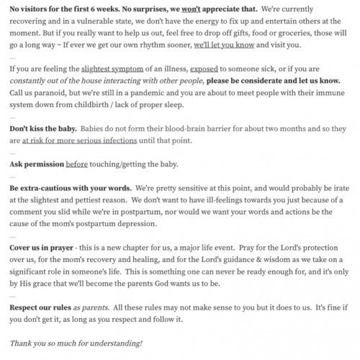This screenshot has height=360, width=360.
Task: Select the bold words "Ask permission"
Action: point(36,164)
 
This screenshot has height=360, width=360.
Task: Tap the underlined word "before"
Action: point(77,164)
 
